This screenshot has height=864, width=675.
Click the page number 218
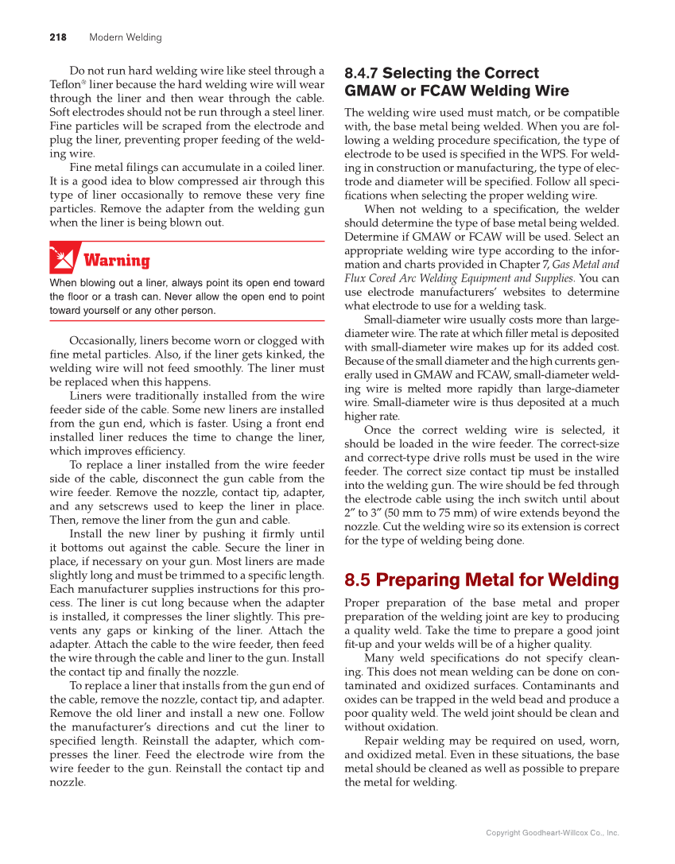coord(57,37)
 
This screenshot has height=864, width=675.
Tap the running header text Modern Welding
coord(125,37)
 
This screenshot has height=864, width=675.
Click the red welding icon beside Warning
coord(63,258)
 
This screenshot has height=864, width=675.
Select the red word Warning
coord(116,261)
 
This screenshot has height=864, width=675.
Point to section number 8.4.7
coord(361,73)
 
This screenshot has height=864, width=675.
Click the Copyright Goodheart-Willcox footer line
coord(552,833)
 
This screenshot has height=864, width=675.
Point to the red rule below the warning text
coord(187,320)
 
